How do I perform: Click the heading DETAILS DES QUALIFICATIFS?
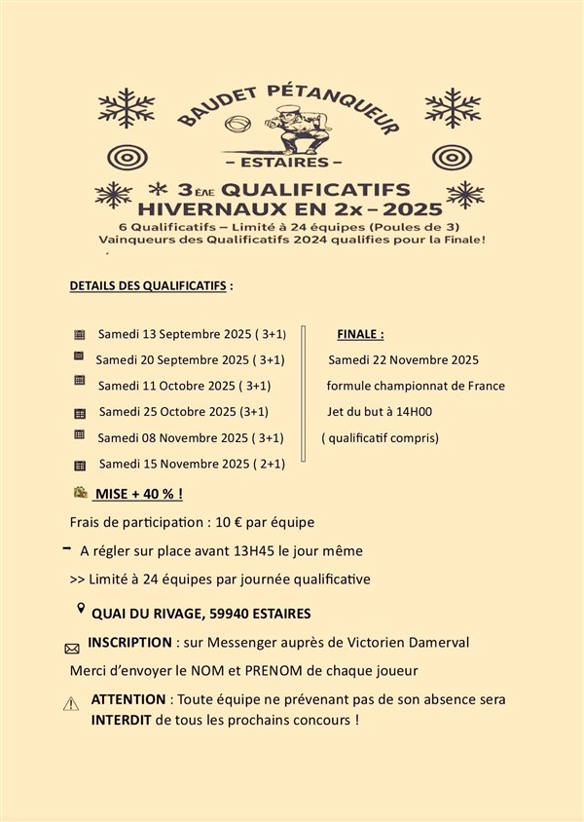(x=150, y=287)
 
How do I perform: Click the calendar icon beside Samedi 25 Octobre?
(x=81, y=413)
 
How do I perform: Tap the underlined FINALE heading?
(x=361, y=334)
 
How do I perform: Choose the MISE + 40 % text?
(x=139, y=494)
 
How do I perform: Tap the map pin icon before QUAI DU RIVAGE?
(x=81, y=610)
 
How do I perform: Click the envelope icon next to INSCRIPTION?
(x=71, y=647)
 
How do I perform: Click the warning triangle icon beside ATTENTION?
(x=71, y=704)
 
